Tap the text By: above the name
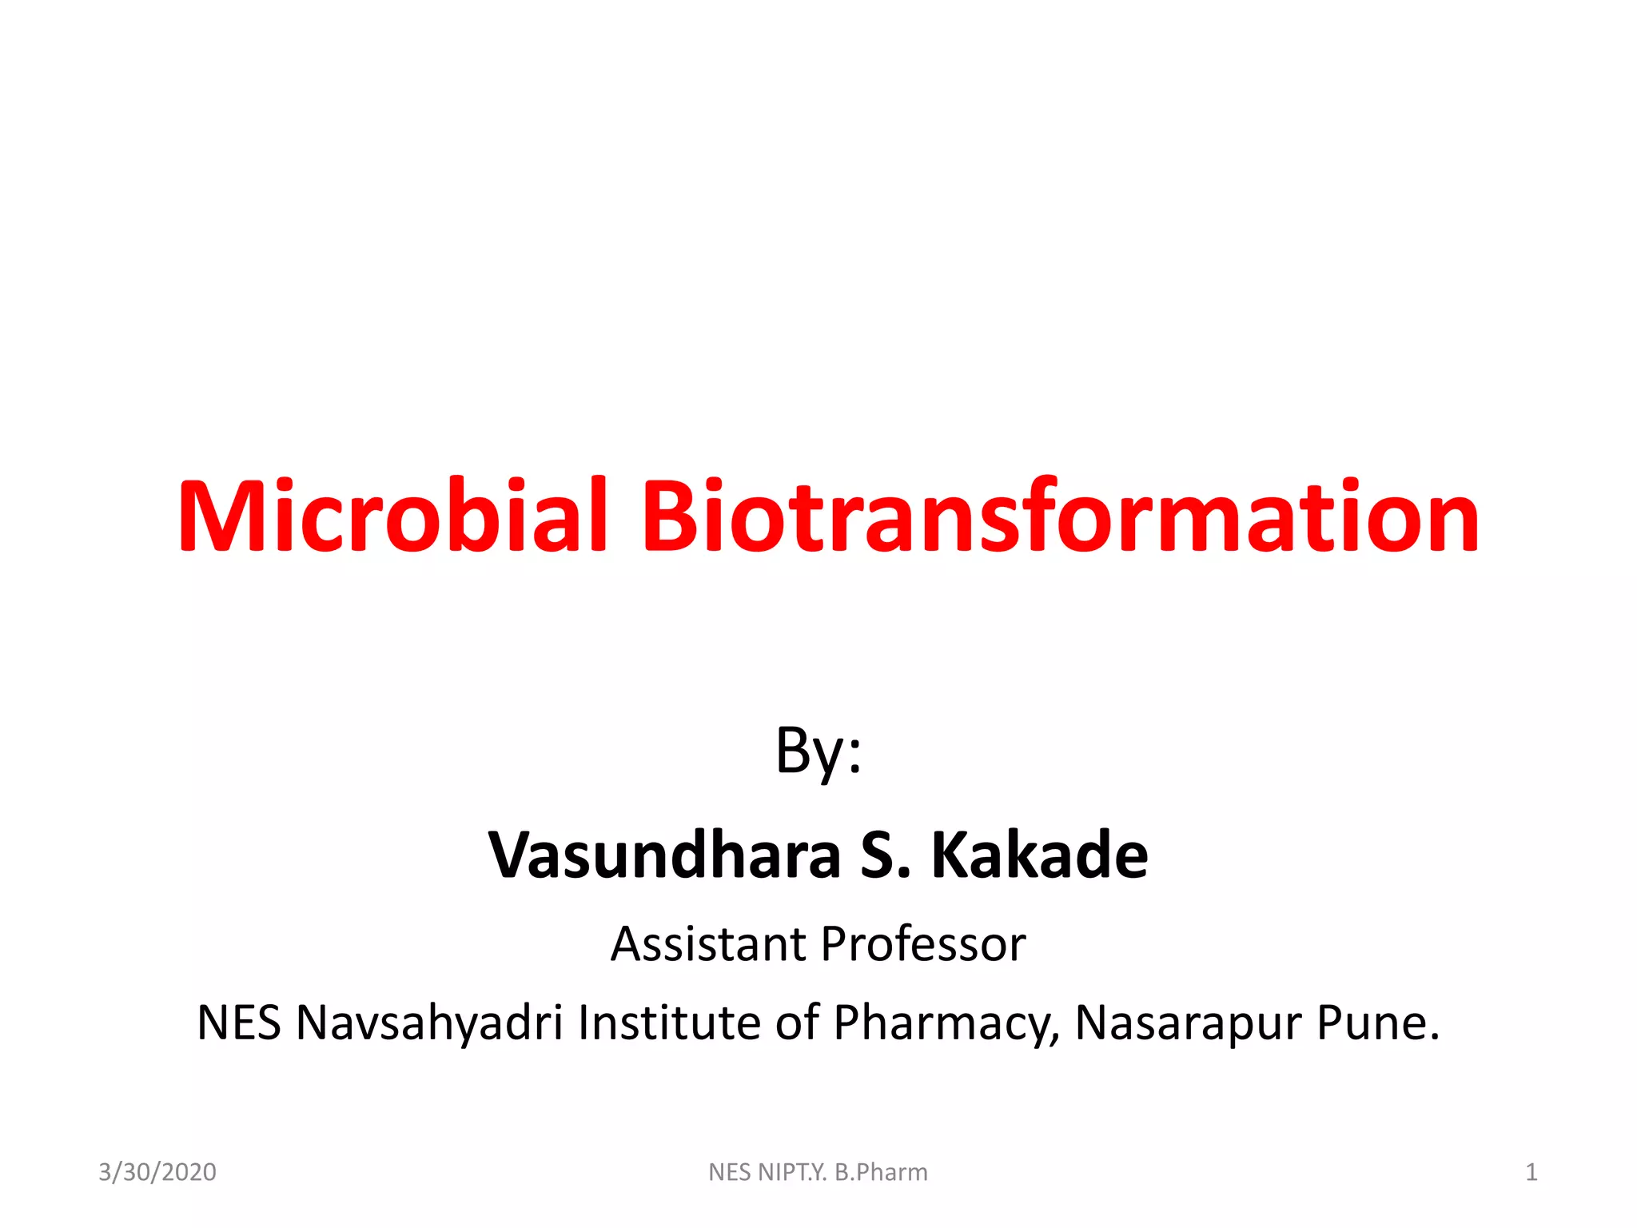click(x=818, y=752)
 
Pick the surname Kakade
click(x=1039, y=855)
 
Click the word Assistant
click(x=708, y=944)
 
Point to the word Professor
click(x=923, y=944)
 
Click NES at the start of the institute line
click(x=238, y=1023)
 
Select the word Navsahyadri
click(x=429, y=1023)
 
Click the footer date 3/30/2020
click(x=157, y=1172)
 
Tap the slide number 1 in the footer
click(x=1531, y=1172)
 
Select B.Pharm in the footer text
click(x=881, y=1172)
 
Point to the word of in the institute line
click(x=797, y=1023)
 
